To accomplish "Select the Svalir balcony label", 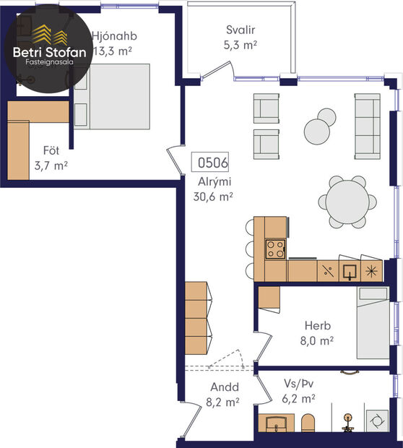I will pyautogui.click(x=240, y=30).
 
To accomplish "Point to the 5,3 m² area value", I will pyautogui.click(x=240, y=45).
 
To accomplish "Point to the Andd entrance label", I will pyautogui.click(x=225, y=386).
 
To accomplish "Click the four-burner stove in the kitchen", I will pyautogui.click(x=275, y=249).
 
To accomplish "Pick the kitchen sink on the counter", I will pyautogui.click(x=350, y=271).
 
